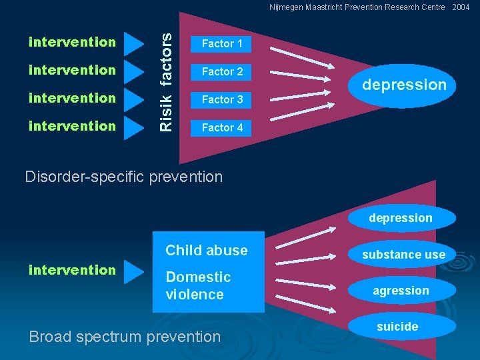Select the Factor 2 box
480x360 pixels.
222,71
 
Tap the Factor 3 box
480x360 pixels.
222,99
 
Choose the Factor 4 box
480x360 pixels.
222,127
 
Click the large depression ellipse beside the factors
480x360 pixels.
403,85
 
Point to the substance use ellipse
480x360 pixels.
403,255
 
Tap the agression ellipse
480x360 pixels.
401,291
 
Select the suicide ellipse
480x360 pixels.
397,327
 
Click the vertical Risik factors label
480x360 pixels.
169,73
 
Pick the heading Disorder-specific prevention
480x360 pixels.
123,177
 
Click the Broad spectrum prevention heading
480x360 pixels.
125,337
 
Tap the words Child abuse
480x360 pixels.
206,251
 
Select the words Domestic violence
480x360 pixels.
198,285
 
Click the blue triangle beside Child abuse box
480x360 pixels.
134,271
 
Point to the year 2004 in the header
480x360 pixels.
461,7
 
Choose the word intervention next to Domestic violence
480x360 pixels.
72,270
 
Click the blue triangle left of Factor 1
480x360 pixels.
134,43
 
